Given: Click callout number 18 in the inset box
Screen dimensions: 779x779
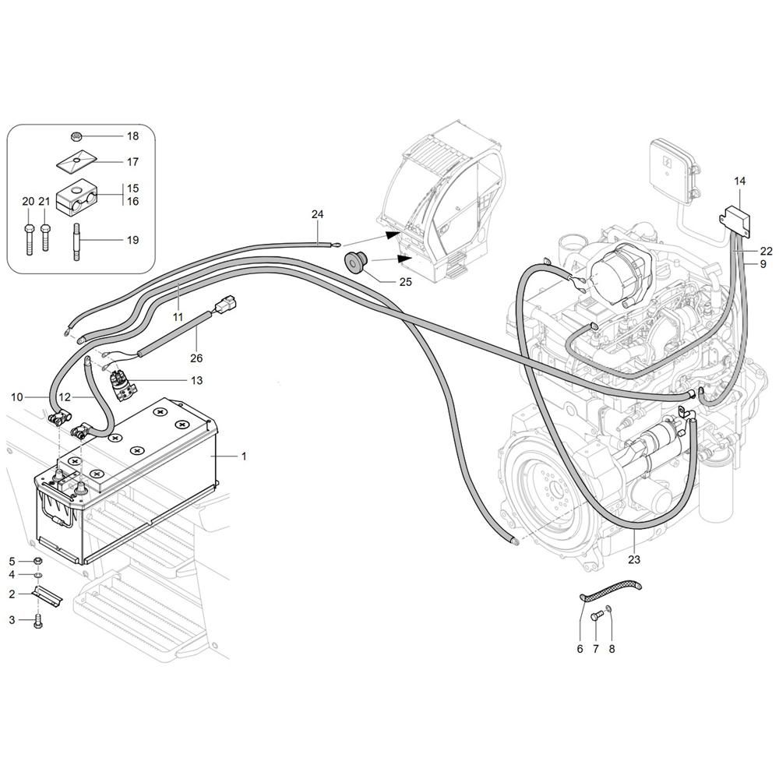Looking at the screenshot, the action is coord(132,136).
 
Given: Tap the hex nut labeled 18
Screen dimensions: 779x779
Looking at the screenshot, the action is coord(76,136).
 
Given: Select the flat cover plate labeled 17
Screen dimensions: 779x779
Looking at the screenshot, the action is coord(76,161).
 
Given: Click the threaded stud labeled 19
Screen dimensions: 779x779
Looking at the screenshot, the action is coord(77,241).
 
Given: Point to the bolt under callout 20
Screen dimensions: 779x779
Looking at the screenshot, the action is coord(28,238).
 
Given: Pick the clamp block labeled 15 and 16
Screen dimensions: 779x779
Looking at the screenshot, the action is coord(78,198).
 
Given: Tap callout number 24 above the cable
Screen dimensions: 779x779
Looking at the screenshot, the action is coord(318,214).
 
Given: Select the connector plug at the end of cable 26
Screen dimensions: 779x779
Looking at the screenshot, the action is coord(226,305).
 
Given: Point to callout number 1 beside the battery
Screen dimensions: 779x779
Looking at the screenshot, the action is coord(243,456).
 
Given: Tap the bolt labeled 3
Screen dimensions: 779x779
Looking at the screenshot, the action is coord(38,622).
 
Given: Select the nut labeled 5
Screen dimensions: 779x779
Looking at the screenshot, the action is coord(37,562).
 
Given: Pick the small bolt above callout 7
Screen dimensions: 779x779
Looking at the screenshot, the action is coord(596,616).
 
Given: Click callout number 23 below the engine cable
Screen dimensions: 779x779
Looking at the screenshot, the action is coord(634,559).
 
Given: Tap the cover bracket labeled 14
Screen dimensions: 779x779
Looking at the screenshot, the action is coord(735,220).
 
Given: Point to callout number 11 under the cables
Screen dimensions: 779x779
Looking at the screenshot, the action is coord(178,316).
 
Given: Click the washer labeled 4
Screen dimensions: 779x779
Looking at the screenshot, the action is coord(38,576).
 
